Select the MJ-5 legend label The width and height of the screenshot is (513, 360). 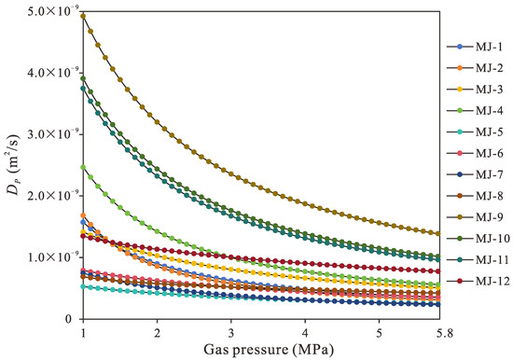490,132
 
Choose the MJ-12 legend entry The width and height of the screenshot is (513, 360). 478,281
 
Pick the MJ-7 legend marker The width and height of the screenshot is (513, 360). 460,174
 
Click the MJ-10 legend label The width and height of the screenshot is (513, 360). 493,238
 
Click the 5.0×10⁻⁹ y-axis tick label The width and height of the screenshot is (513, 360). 53,12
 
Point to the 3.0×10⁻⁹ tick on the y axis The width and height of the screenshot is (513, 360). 53,134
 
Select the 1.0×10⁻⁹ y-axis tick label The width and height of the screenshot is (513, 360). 53,257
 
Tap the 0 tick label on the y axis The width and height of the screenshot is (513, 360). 68,319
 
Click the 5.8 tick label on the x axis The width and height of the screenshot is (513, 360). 439,333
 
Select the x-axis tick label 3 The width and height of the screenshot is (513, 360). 231,333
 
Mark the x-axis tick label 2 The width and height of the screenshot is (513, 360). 157,333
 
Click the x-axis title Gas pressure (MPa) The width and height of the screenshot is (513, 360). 269,350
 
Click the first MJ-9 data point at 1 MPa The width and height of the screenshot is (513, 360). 83,16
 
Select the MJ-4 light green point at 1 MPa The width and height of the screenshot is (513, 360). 83,167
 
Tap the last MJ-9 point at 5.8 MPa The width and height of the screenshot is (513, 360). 438,233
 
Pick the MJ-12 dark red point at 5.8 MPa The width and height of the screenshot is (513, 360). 438,271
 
